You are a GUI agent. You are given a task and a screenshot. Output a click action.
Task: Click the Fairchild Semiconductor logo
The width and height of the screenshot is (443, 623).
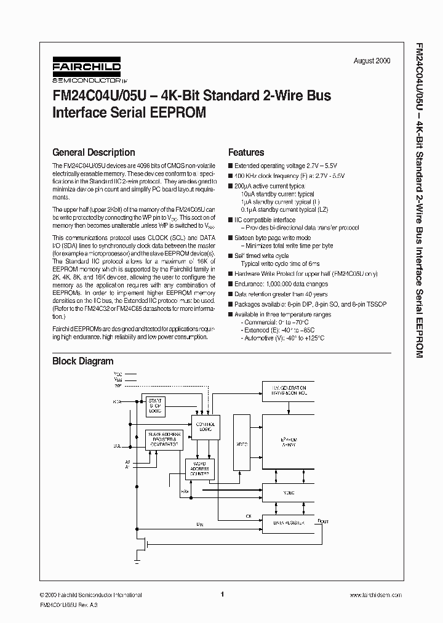pyautogui.click(x=86, y=71)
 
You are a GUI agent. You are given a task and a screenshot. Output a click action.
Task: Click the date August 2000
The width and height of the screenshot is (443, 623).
pyautogui.click(x=372, y=61)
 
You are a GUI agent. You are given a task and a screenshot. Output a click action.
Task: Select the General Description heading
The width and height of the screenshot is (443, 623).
pyautogui.click(x=94, y=152)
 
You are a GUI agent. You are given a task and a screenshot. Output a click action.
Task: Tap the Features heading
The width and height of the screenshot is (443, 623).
pyautogui.click(x=246, y=152)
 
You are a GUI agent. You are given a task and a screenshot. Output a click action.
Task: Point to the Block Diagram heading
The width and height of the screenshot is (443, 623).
pyautogui.click(x=82, y=361)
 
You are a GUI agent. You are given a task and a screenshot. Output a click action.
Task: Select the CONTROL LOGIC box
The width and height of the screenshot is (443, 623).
pyautogui.click(x=205, y=427)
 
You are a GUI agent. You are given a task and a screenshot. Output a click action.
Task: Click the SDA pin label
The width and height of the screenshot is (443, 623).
pyautogui.click(x=117, y=401)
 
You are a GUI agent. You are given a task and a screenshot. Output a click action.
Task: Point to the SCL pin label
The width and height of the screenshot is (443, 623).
pyautogui.click(x=117, y=445)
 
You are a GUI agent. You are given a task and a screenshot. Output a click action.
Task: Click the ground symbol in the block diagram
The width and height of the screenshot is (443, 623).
pyautogui.click(x=137, y=561)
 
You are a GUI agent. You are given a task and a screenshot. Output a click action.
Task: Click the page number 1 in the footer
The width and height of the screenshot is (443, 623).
pyautogui.click(x=221, y=594)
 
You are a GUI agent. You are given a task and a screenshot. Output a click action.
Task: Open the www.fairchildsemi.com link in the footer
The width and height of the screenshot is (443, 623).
pyautogui.click(x=375, y=595)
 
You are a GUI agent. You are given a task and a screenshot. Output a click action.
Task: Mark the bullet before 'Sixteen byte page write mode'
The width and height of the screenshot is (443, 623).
pyautogui.click(x=230, y=238)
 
